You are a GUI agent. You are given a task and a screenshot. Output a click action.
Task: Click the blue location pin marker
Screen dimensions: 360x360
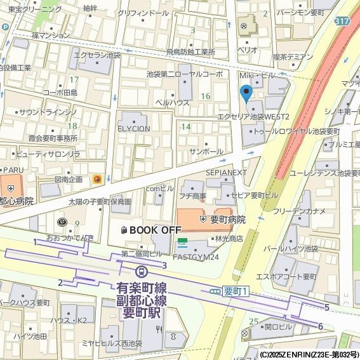coord(247,95)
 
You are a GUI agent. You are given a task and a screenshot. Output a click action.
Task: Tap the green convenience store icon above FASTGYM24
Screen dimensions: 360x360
coord(183,242)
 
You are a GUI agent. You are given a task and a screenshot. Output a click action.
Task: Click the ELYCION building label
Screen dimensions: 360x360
coord(133,128)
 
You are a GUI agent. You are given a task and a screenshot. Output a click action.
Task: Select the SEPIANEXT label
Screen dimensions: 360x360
coord(226,173)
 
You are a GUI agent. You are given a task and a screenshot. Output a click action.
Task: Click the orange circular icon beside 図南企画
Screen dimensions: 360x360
coord(97,180)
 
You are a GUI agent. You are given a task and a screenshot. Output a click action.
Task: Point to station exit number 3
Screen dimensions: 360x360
coord(164,265)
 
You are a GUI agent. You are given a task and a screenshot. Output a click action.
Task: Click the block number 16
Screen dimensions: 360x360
coord(204,96)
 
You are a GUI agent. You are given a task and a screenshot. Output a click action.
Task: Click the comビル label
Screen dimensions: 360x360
coord(159,189)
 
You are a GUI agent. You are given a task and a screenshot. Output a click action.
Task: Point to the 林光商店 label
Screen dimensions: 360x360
coord(229,239)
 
